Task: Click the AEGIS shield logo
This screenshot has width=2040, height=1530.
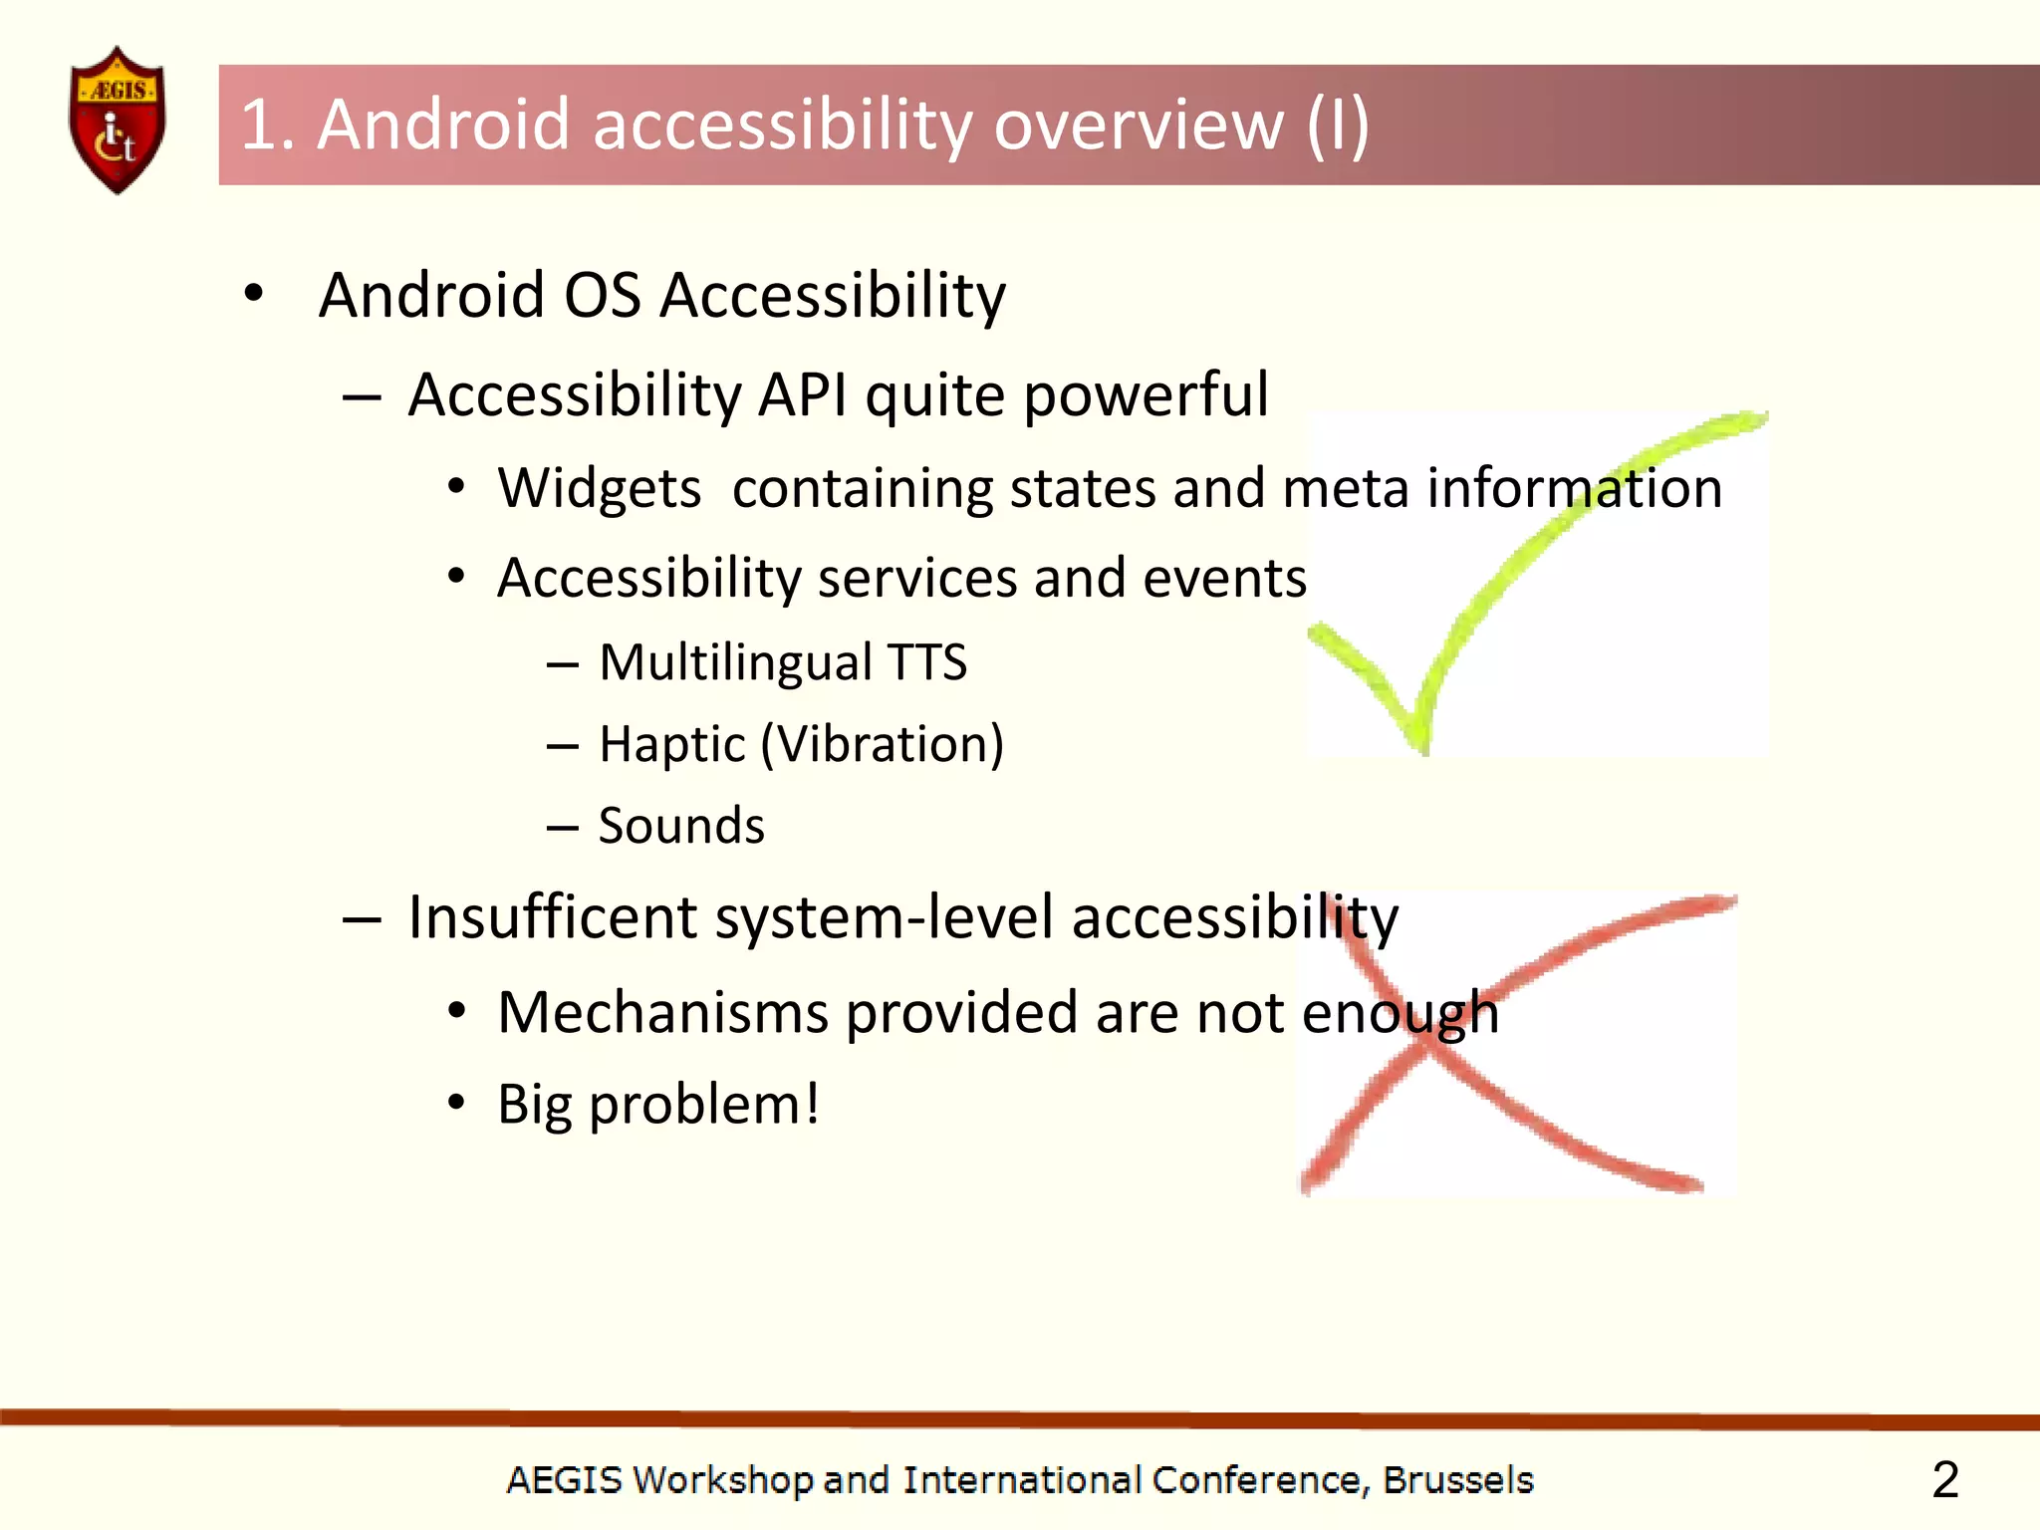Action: point(118,121)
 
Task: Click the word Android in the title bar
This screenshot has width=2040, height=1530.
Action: point(444,126)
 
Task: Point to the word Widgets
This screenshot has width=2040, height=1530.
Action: point(600,488)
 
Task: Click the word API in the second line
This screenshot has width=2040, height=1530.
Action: point(803,394)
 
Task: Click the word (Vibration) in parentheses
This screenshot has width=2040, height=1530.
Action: point(883,744)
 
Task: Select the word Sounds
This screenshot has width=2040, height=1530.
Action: point(681,826)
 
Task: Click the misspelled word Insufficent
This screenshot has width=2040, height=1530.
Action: point(553,917)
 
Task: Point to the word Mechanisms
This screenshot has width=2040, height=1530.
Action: point(662,1013)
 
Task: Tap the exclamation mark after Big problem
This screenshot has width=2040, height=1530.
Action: point(812,1103)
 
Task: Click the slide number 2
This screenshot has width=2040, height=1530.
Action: point(1944,1479)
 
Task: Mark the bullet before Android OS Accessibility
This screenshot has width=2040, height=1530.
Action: point(254,294)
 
